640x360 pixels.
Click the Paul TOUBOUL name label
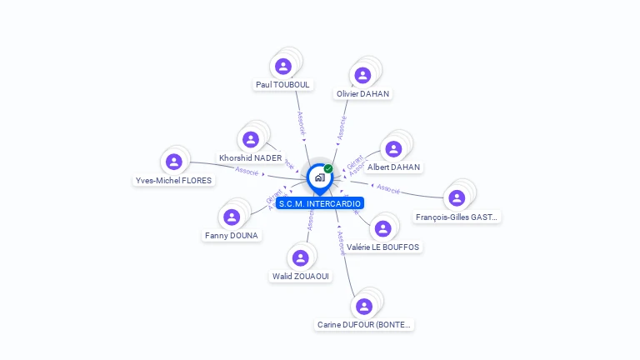coord(282,85)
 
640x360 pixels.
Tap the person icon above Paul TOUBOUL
coord(283,66)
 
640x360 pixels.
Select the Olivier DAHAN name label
coord(363,94)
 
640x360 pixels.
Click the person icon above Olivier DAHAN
coord(362,75)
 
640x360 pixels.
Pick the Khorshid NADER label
coord(250,158)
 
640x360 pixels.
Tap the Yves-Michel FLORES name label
coord(173,180)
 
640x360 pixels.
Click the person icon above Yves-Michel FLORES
coord(173,161)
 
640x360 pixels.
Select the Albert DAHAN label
coord(394,167)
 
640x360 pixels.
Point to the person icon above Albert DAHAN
coord(394,148)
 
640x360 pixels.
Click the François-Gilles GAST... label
coord(457,217)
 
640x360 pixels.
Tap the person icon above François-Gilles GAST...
coord(457,197)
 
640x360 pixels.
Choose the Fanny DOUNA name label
coord(232,236)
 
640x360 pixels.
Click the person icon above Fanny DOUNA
coord(232,217)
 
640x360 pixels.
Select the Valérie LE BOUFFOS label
coord(383,247)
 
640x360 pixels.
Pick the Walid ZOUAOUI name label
coord(301,277)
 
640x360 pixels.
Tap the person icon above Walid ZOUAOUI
coord(301,257)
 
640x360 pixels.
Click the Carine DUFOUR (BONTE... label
coord(364,325)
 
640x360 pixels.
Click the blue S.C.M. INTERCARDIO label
coord(320,203)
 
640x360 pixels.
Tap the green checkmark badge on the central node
coord(328,168)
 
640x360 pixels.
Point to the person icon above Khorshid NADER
coord(251,139)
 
